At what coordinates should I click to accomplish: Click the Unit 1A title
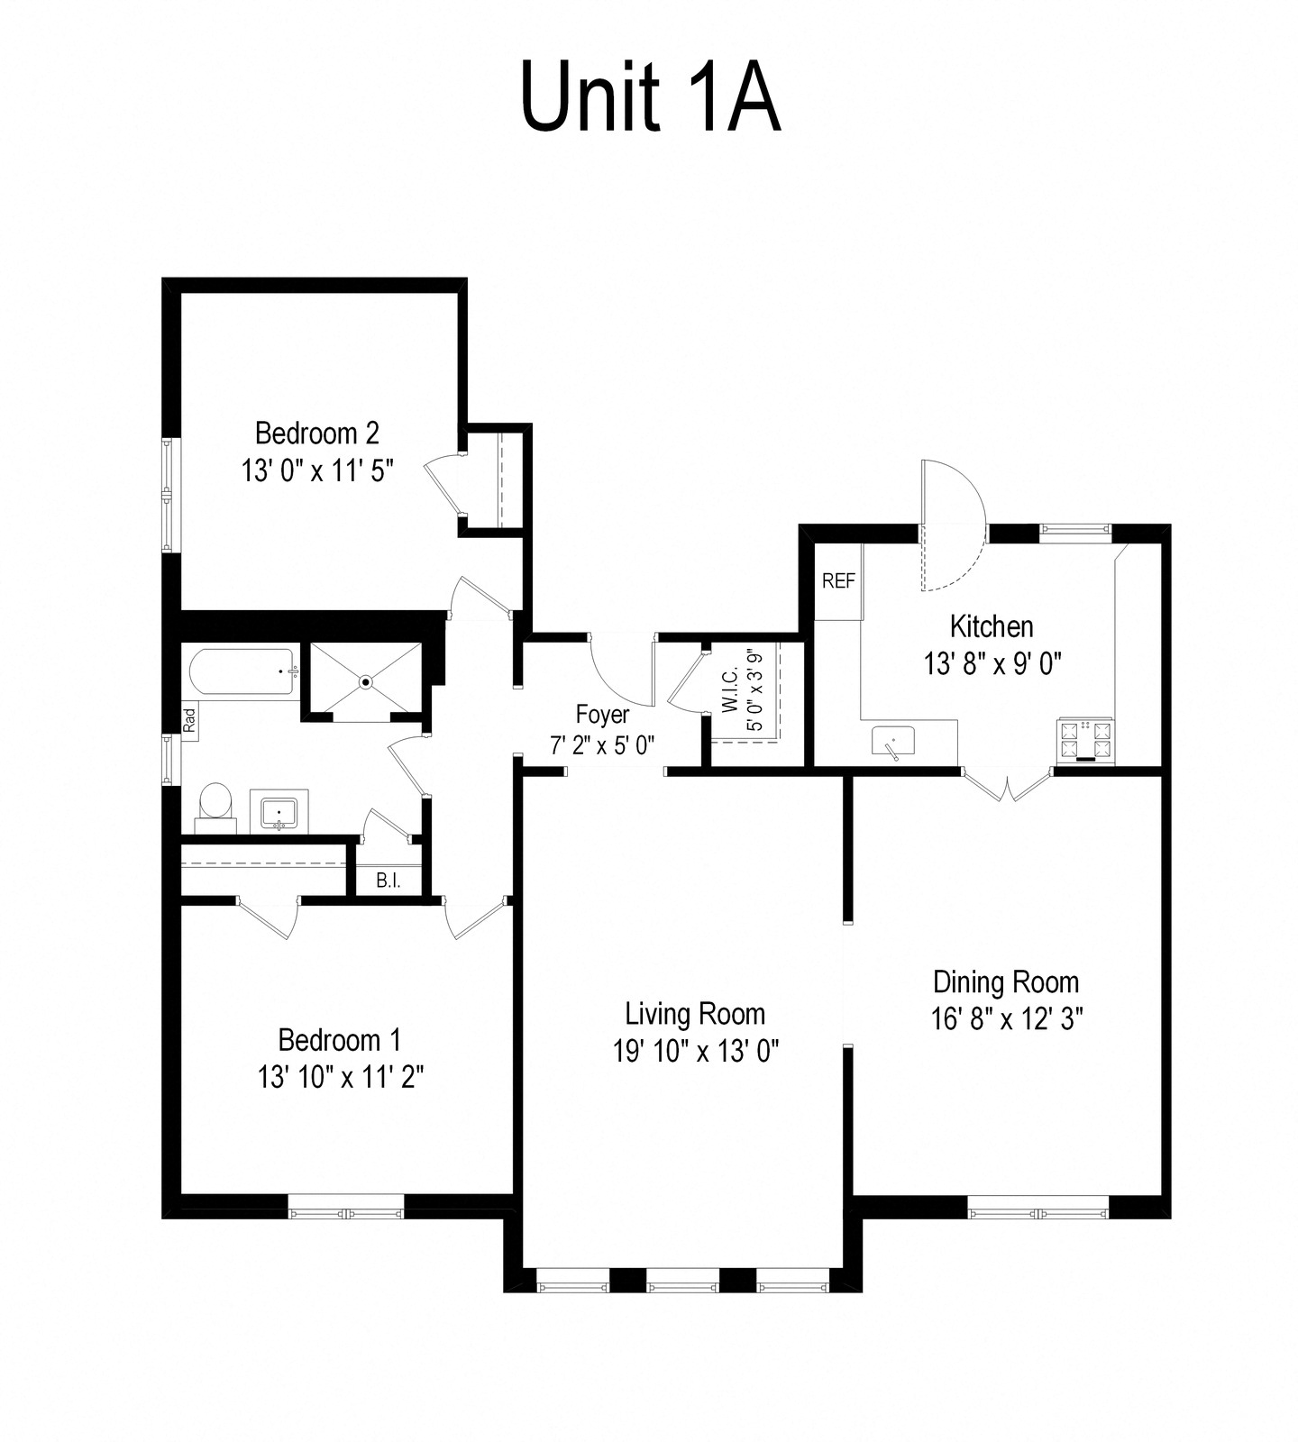(650, 100)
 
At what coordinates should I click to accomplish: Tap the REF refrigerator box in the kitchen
(838, 581)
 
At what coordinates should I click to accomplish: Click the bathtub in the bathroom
(242, 671)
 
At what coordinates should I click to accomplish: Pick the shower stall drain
(366, 681)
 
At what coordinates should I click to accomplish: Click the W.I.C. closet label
(730, 690)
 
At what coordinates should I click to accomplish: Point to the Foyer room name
(602, 715)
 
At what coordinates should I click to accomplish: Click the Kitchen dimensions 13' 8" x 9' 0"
(992, 664)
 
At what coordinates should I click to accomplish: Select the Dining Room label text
(1006, 981)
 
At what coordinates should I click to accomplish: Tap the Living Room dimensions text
(696, 1051)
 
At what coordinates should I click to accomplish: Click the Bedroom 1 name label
(340, 1040)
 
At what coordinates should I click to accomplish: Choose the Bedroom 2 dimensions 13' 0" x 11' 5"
(317, 470)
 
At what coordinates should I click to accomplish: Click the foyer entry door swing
(620, 672)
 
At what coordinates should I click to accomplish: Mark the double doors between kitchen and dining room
(1008, 782)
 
